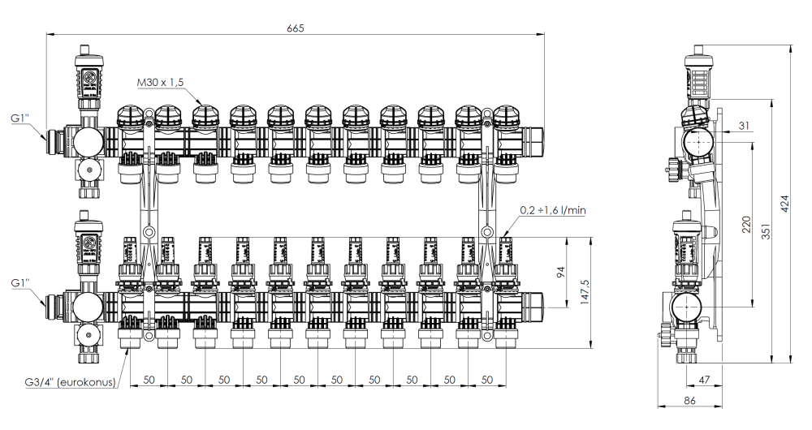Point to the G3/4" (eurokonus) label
(x=69, y=382)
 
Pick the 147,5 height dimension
(x=578, y=293)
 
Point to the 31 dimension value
(x=747, y=123)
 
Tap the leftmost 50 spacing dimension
(x=149, y=380)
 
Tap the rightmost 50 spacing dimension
(x=487, y=380)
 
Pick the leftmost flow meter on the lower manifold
(x=130, y=253)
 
